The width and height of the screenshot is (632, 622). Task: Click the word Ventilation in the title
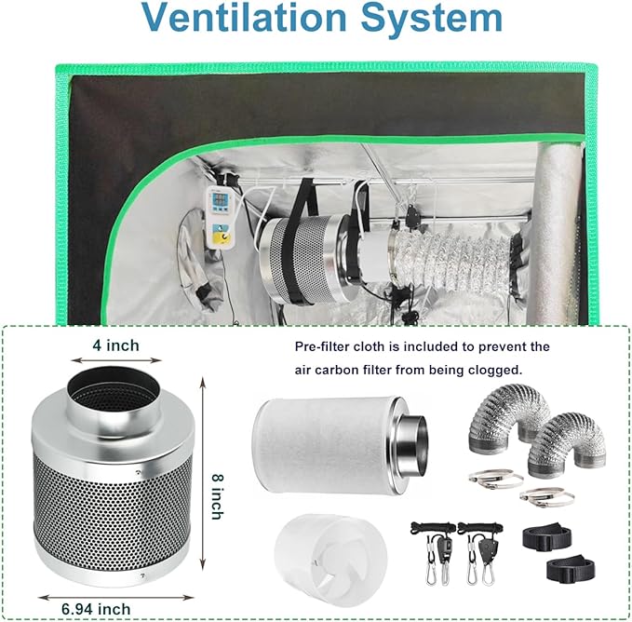(x=245, y=18)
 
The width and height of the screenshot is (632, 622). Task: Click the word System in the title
(x=432, y=19)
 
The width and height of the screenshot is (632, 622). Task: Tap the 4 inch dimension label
(x=115, y=345)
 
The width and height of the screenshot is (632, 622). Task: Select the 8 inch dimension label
(x=218, y=496)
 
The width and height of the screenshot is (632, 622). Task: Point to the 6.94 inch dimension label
(x=96, y=609)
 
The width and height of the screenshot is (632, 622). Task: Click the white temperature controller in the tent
(x=220, y=217)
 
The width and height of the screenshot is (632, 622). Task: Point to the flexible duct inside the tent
(x=451, y=261)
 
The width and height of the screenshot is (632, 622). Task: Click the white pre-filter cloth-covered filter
(x=340, y=445)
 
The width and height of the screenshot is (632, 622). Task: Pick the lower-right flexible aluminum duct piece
(x=566, y=443)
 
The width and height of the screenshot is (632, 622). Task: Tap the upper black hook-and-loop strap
(x=546, y=536)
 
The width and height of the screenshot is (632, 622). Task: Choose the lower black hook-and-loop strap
(x=571, y=569)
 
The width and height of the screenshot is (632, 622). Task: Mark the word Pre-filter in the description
(x=321, y=346)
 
